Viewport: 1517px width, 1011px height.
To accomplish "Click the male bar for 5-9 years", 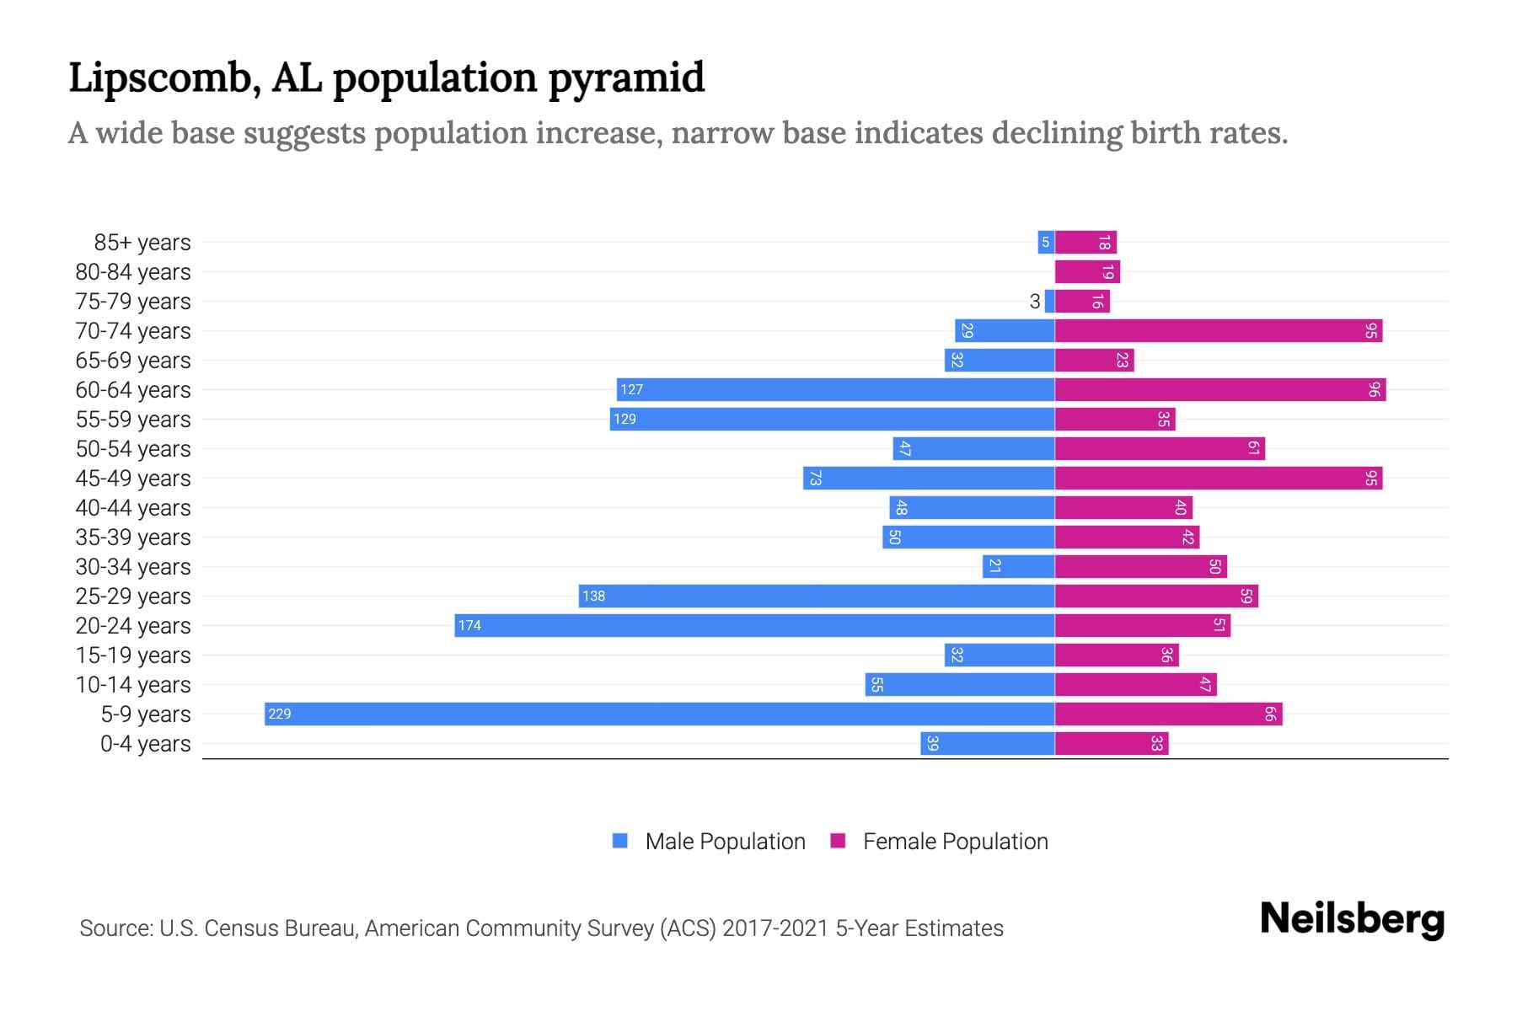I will tap(659, 714).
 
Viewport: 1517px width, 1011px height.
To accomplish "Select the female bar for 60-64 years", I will tap(1220, 389).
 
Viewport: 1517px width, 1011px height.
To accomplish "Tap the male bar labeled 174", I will tap(754, 625).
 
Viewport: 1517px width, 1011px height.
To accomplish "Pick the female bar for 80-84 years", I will tap(1087, 271).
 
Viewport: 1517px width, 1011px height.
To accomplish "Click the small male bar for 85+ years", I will tap(1046, 242).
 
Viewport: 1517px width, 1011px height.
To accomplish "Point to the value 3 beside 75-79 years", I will tap(1035, 302).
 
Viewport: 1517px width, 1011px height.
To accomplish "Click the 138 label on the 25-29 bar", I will tap(593, 596).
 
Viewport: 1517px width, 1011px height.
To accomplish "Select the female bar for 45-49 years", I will tap(1219, 478).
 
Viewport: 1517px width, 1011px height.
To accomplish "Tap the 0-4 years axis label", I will tap(145, 744).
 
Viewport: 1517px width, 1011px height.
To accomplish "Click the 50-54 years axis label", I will tap(133, 449).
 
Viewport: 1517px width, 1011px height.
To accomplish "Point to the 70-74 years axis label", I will tap(133, 331).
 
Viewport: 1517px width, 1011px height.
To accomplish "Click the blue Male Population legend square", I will tap(620, 841).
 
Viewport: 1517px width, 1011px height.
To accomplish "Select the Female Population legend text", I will tap(955, 842).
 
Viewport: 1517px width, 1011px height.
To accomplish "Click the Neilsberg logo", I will tap(1352, 919).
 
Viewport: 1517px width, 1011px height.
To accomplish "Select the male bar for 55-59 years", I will tap(832, 419).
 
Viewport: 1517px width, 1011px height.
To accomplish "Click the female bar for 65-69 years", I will tap(1094, 360).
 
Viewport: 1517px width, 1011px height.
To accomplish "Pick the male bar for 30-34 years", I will tap(1018, 566).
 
